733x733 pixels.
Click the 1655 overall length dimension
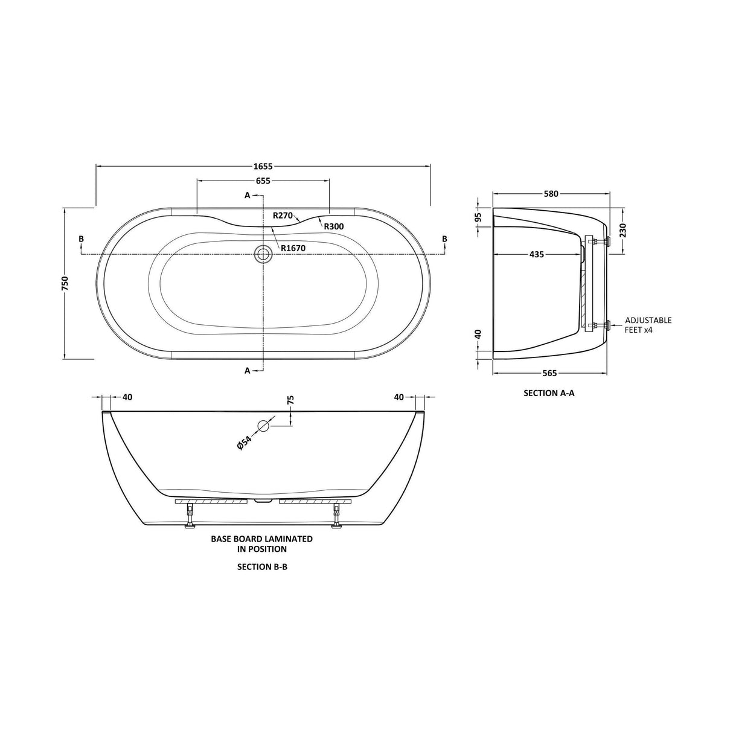click(263, 166)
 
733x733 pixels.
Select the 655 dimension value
click(263, 181)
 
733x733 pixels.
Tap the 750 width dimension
click(65, 284)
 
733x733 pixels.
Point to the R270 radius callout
click(283, 216)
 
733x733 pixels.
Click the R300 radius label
click(334, 226)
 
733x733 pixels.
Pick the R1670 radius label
click(293, 248)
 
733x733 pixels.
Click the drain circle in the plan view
click(263, 254)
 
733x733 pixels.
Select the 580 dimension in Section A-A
click(551, 194)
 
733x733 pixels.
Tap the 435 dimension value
click(537, 254)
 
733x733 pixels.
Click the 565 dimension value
click(549, 374)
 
